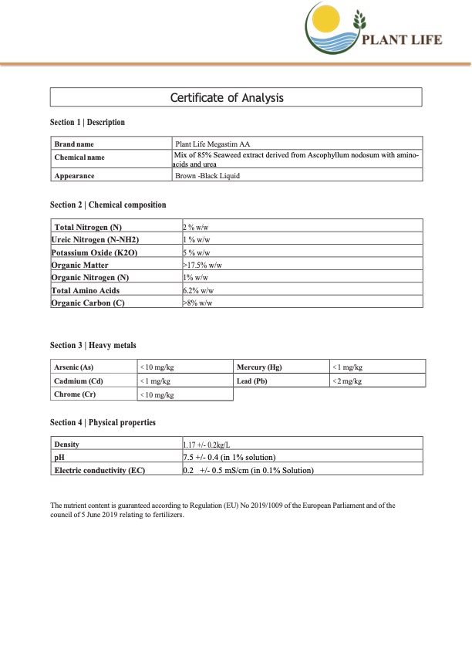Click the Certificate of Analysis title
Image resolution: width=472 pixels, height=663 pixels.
(227, 97)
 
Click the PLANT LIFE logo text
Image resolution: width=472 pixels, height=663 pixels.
(403, 40)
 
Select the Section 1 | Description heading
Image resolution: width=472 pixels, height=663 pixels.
(87, 123)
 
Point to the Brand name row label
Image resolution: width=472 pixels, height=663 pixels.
(74, 144)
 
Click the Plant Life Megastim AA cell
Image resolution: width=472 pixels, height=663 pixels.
(213, 144)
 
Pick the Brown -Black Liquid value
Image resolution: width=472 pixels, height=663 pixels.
(208, 176)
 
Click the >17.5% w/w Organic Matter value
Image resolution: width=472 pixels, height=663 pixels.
(201, 265)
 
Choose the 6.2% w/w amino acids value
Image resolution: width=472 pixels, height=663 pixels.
(198, 290)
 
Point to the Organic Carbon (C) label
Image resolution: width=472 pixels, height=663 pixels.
(88, 303)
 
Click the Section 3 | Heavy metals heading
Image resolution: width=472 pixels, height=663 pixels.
(93, 345)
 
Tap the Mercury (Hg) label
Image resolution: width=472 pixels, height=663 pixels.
(257, 367)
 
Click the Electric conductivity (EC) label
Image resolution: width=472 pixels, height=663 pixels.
(99, 470)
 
